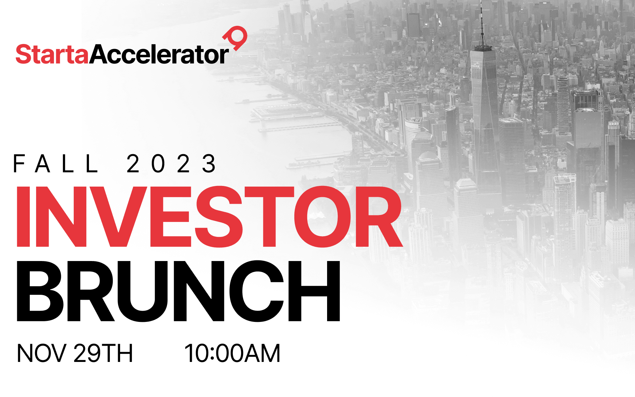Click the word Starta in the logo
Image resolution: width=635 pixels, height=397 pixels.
[52, 54]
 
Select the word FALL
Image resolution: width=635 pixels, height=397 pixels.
[56, 163]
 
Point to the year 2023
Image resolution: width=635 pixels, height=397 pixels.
[171, 163]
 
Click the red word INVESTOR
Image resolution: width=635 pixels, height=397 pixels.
[209, 217]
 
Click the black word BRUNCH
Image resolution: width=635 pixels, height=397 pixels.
[178, 291]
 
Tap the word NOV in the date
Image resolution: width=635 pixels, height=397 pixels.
[41, 353]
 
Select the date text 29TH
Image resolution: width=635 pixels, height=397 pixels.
[103, 353]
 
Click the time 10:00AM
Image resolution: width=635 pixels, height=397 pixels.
[233, 353]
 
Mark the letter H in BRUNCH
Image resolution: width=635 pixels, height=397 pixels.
[314, 291]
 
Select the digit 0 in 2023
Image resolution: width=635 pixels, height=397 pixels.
[158, 163]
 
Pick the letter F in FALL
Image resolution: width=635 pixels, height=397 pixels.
[19, 163]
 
